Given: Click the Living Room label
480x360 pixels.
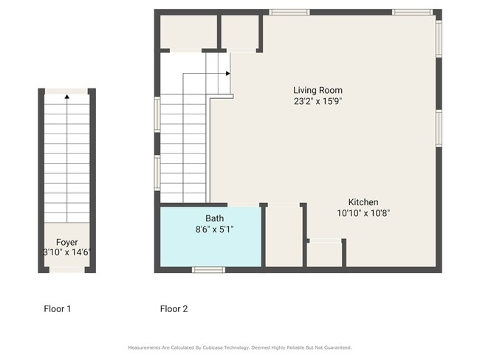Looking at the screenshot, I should coord(318,90).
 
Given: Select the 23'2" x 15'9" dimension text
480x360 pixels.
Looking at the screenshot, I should coord(318,102).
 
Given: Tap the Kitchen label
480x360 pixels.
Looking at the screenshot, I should coord(363,201).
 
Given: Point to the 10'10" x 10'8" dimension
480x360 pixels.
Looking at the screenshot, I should coord(363,213).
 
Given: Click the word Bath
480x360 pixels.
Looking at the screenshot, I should coord(215,218).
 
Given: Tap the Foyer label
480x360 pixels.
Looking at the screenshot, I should coord(66,242).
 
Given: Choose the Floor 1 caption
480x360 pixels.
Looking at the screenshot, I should coord(58,309).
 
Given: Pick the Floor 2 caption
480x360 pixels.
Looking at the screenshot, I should coord(174,309).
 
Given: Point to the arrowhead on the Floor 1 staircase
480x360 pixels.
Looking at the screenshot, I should coord(66,96).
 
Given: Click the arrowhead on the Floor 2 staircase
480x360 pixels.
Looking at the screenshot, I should coord(228,74).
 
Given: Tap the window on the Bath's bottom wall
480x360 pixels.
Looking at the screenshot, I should coord(208,270).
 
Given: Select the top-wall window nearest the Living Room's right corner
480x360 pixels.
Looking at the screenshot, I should coord(412,12).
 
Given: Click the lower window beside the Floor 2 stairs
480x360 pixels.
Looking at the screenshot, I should coord(157,173).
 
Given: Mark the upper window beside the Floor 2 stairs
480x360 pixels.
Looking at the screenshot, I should coord(157,115).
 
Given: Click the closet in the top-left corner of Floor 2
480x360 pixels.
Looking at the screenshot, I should coord(188,32).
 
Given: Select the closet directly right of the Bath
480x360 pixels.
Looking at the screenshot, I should coord(283,236).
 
